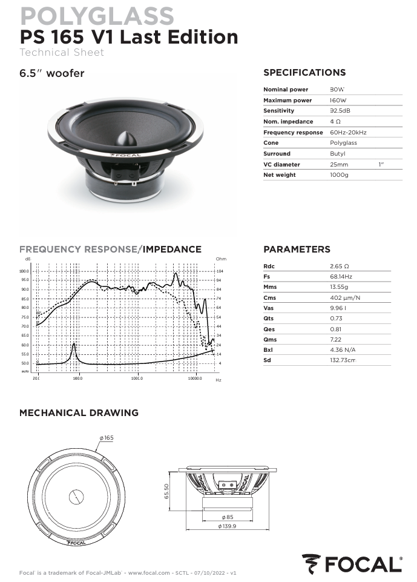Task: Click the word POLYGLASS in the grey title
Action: pos(97,16)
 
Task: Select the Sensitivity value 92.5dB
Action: pos(340,111)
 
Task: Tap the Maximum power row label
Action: pos(287,101)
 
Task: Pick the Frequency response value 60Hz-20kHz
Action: pos(348,132)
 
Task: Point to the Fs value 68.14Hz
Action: pos(341,277)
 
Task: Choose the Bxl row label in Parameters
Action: pos(268,350)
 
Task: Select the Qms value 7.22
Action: pos(336,340)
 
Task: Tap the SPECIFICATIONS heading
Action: pos(304,73)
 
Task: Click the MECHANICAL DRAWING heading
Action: pos(79,413)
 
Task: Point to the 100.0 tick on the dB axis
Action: pos(24,271)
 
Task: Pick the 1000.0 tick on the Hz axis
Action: pos(137,378)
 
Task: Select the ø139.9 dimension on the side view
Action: pos(228,527)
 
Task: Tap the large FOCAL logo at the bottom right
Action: pos(352,564)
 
